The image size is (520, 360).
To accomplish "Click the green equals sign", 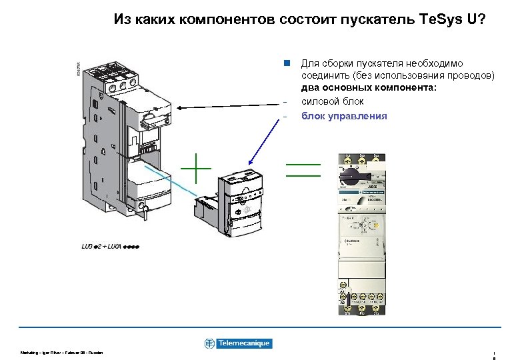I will tap(303, 169).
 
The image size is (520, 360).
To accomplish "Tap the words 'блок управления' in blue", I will tap(344, 116).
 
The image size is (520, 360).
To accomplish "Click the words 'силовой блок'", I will tap(333, 101).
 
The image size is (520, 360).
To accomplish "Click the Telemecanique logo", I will tap(238, 343).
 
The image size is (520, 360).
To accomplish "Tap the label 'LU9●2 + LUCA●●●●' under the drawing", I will tap(111, 247).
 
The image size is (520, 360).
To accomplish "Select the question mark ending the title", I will tap(482, 19).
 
